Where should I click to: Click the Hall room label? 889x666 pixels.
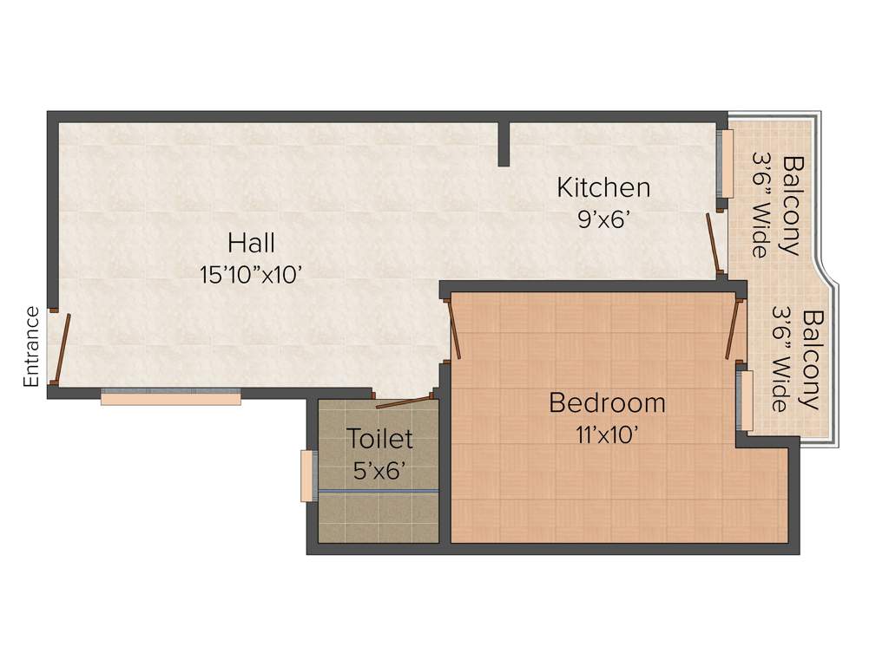[x=252, y=242]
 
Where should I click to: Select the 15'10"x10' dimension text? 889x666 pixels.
[x=251, y=275]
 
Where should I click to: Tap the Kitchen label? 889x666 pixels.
[x=603, y=186]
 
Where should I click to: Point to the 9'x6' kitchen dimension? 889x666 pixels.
[x=603, y=219]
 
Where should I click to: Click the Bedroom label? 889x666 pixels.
[x=608, y=403]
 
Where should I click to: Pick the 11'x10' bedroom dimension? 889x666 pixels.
[x=608, y=435]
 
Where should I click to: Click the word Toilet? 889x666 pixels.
[x=380, y=439]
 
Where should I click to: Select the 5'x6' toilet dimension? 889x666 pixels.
[x=380, y=471]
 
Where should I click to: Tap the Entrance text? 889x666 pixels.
[x=31, y=346]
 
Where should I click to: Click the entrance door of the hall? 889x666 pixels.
[x=59, y=348]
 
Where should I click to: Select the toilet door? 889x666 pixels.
[x=404, y=401]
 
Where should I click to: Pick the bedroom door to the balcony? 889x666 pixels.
[x=734, y=329]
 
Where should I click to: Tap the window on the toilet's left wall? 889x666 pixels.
[x=306, y=475]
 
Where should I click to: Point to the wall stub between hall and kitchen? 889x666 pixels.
[x=504, y=143]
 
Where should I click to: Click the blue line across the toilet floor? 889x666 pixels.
[x=379, y=492]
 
